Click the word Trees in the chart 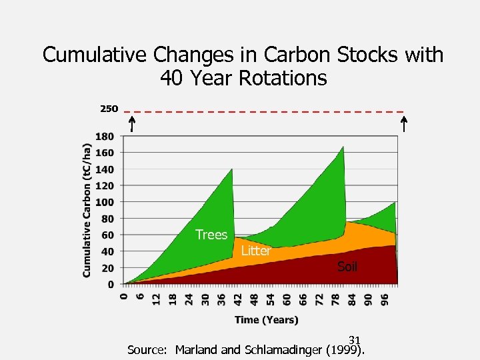[x=211, y=235]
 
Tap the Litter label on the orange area [x=255, y=251]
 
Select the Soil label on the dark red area [x=347, y=267]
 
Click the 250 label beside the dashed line [x=109, y=108]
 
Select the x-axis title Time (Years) [x=266, y=320]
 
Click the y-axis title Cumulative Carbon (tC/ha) [x=87, y=210]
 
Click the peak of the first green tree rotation [x=231, y=170]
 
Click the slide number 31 [x=354, y=340]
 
